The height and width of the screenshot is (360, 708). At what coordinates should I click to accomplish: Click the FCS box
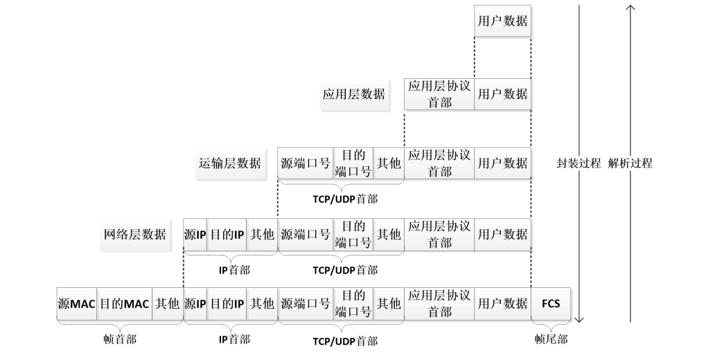point(551,303)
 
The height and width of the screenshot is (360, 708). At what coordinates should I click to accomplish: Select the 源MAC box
point(76,303)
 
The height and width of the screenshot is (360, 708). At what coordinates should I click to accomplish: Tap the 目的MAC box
point(125,303)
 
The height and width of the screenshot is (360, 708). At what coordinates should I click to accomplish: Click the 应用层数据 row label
point(353,94)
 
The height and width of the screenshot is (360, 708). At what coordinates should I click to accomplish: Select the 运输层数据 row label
point(230,164)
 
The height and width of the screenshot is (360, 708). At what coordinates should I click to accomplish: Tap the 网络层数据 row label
point(135,234)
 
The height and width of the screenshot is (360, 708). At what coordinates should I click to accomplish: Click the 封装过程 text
point(578,164)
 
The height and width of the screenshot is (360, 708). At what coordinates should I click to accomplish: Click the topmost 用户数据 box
point(502,21)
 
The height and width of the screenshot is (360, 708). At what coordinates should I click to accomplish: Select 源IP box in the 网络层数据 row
point(195,234)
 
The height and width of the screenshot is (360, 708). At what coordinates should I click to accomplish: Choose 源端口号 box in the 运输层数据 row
point(306,164)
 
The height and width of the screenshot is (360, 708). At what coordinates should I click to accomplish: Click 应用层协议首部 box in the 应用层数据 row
point(439,94)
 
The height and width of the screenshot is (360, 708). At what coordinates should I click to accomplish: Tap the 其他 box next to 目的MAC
point(168,303)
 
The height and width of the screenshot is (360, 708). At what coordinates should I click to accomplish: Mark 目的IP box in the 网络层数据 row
point(227,234)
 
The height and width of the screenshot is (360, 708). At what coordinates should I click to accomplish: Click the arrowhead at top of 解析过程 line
point(630,8)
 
